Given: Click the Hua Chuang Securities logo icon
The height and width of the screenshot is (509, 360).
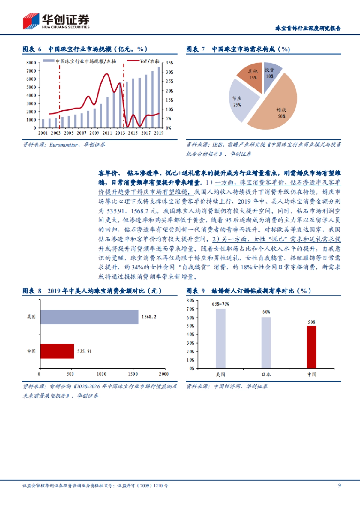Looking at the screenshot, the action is point(31,21).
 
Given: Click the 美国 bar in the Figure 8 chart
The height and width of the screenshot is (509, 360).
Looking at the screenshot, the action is point(89,317).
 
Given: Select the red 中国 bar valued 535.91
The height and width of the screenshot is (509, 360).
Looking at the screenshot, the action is point(57,351).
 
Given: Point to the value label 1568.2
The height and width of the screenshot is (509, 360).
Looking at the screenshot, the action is point(149,317).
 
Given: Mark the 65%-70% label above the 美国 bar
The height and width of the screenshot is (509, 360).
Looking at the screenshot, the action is point(220,304).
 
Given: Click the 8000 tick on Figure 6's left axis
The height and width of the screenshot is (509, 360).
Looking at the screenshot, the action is point(31,63).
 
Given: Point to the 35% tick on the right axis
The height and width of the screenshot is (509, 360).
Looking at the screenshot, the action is point(169,63).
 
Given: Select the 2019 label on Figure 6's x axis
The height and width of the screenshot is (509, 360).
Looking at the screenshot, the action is point(159,133).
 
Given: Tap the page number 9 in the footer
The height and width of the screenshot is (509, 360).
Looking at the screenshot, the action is point(339,485).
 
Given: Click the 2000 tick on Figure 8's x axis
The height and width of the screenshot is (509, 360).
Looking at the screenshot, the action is point(164,374).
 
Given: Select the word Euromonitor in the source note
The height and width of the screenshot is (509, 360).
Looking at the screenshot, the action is point(64,145).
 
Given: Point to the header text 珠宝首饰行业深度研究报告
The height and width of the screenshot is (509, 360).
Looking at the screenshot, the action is point(308,28).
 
